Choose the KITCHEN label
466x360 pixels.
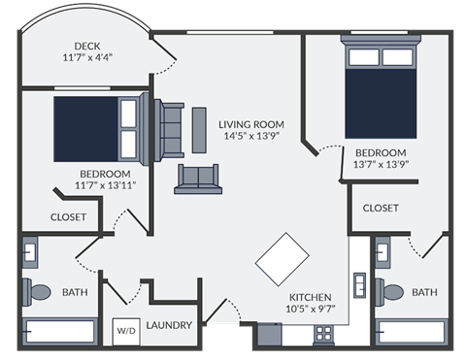[x=311, y=297]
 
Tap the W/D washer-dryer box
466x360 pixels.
[x=127, y=330]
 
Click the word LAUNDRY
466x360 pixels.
[x=169, y=325]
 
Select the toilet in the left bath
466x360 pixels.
[x=39, y=290]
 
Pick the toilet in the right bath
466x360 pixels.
[x=391, y=291]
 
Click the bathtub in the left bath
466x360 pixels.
[x=59, y=331]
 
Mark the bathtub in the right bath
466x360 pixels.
[x=412, y=331]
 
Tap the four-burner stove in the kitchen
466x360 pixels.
[x=324, y=333]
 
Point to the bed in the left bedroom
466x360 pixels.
[x=97, y=128]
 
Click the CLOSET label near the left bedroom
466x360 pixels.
[x=69, y=217]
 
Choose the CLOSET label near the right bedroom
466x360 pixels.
[x=381, y=208]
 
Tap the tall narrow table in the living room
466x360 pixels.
[x=199, y=129]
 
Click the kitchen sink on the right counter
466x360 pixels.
[x=359, y=288]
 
